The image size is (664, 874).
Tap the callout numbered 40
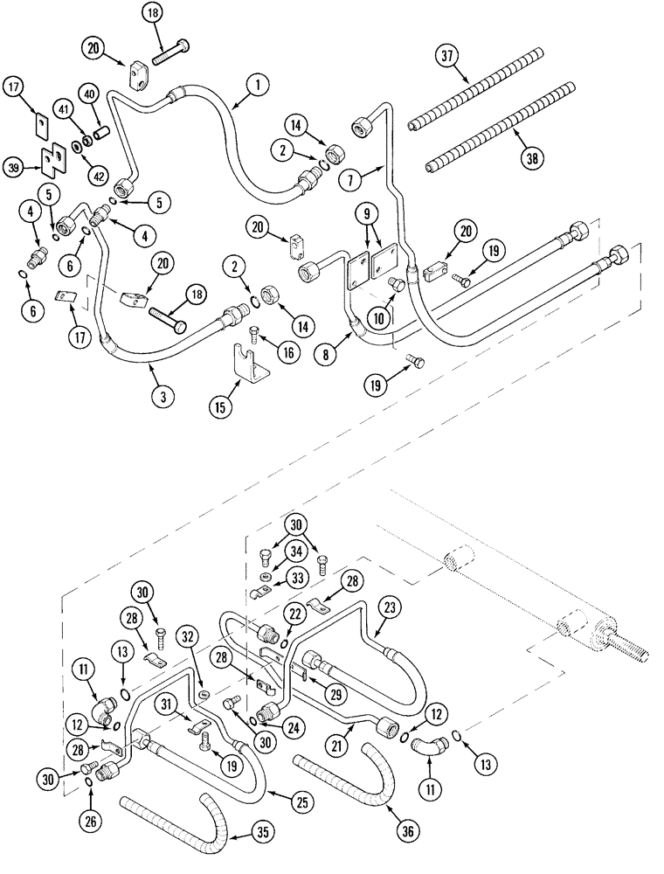pyautogui.click(x=89, y=94)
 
